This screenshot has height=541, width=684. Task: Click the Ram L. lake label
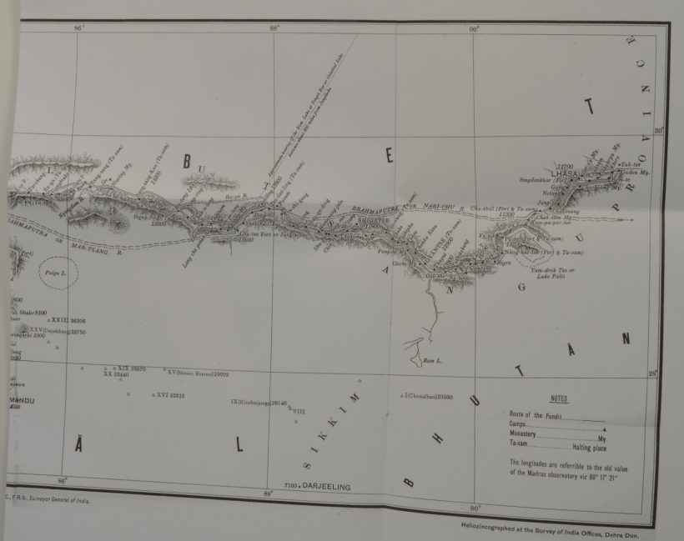tap(430, 361)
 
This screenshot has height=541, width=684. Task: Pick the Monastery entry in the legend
tap(531, 434)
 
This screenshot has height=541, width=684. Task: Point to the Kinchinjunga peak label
tap(259, 403)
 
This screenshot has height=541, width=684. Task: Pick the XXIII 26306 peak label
tap(68, 320)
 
